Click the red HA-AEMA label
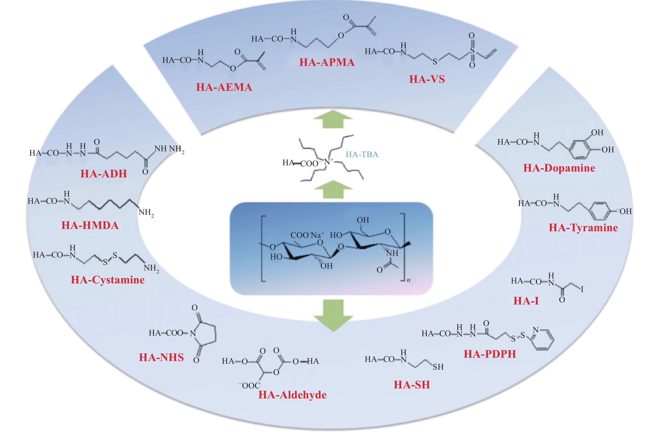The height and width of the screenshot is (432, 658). point(224,87)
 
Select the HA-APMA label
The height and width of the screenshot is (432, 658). point(327,62)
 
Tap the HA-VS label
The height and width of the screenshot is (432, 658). point(427,79)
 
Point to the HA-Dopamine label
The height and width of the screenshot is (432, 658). point(559,168)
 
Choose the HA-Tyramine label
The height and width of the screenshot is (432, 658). point(583,228)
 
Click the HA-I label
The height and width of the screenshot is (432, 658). point(526,301)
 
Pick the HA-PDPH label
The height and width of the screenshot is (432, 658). point(490,354)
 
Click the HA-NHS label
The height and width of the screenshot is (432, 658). point(161,357)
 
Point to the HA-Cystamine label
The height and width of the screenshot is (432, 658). point(108,280)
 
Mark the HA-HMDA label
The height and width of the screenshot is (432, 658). point(90,225)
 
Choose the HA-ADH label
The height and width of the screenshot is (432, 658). point(104,174)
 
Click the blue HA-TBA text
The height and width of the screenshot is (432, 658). point(362,154)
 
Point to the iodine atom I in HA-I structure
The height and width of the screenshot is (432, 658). point(582,289)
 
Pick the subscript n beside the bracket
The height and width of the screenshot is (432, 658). point(408,280)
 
